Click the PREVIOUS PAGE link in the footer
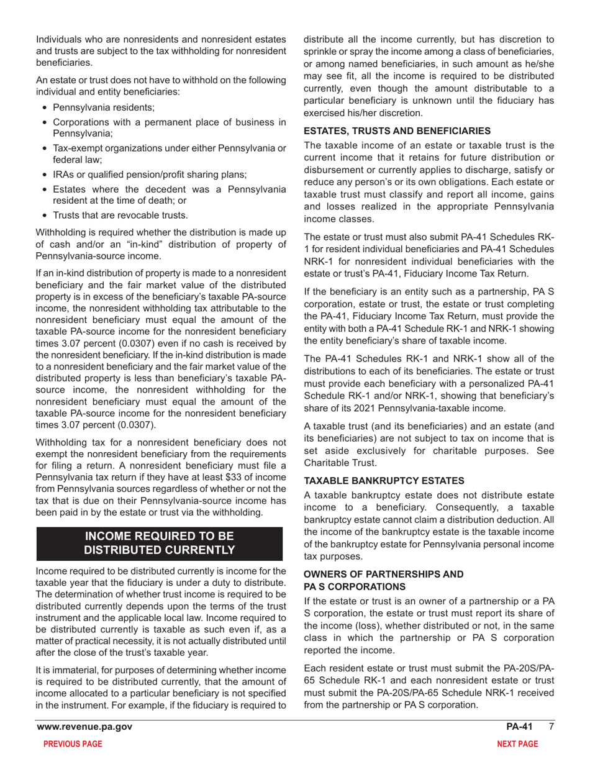(70, 744)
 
